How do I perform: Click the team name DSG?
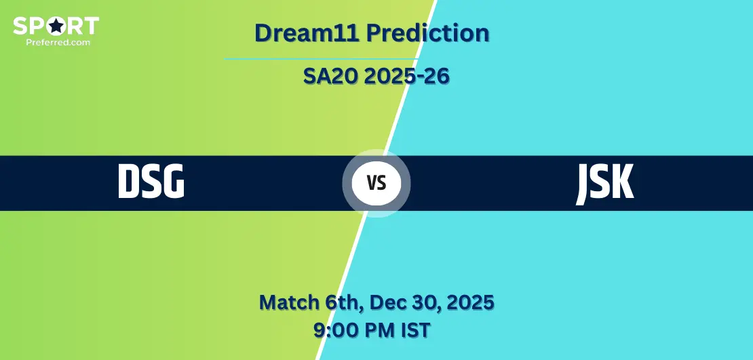151,182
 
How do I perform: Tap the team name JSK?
605,182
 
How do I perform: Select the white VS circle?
376,183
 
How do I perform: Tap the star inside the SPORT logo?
56,26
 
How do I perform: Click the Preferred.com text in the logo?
56,41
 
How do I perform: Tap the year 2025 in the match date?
469,302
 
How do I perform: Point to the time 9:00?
334,331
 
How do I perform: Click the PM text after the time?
381,331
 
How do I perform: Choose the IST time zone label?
415,331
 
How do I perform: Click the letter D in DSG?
128,182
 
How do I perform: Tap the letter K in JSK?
622,182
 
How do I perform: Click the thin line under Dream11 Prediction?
319,59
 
